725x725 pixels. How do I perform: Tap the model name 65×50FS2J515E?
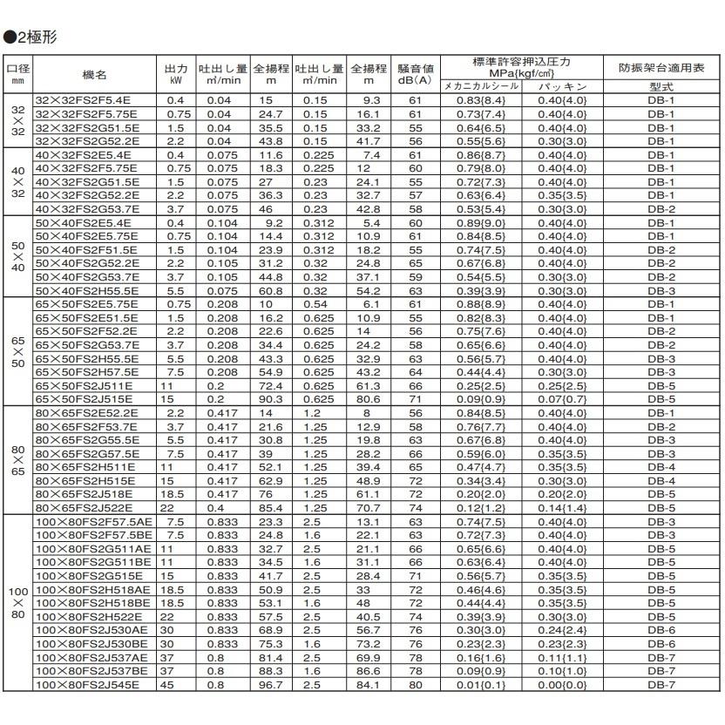(84, 397)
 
